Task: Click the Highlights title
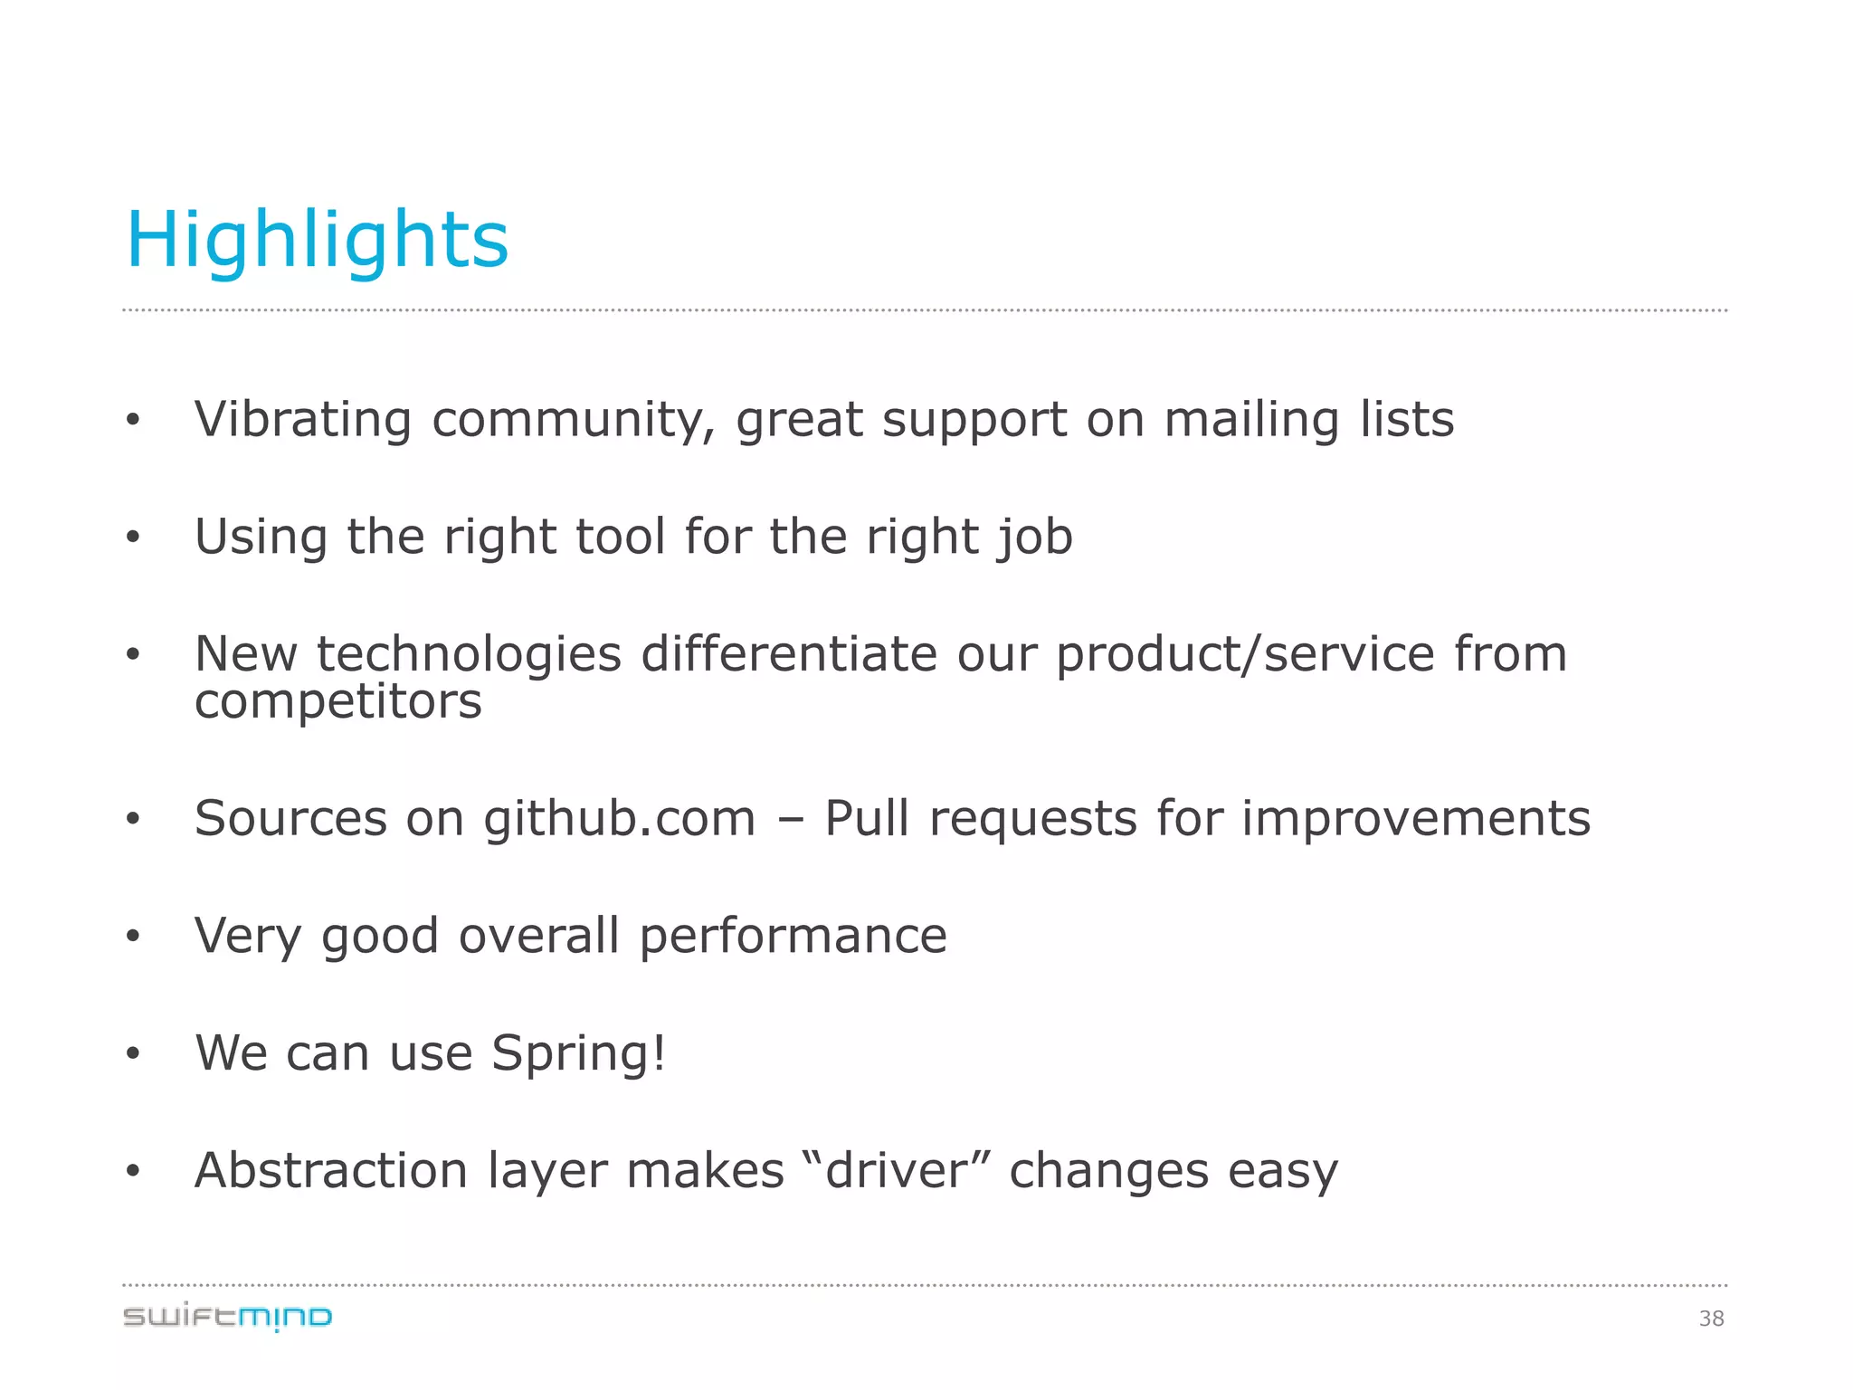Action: (x=317, y=240)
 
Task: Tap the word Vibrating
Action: (x=302, y=420)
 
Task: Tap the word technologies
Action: (x=469, y=654)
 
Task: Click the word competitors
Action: (x=338, y=702)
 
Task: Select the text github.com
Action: (x=620, y=819)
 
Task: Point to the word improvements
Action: (x=1415, y=819)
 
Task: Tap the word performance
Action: (x=793, y=936)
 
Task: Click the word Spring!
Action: (x=579, y=1054)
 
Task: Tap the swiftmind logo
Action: (x=228, y=1317)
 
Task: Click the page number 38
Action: (x=1711, y=1319)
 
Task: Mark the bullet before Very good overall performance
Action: (x=133, y=937)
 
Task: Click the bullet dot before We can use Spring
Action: (x=133, y=1053)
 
